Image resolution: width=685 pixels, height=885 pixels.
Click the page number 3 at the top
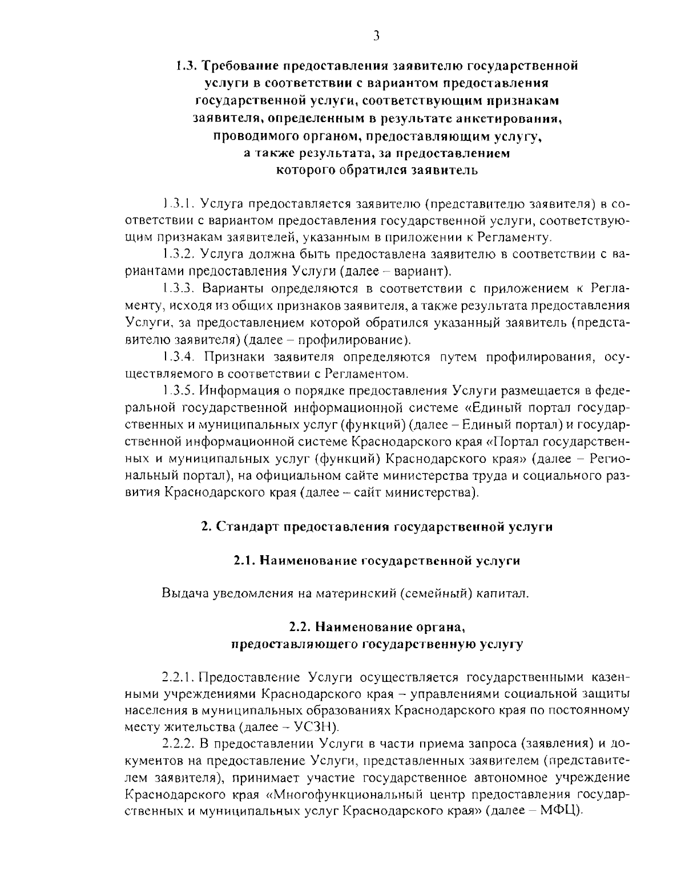tap(376, 37)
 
